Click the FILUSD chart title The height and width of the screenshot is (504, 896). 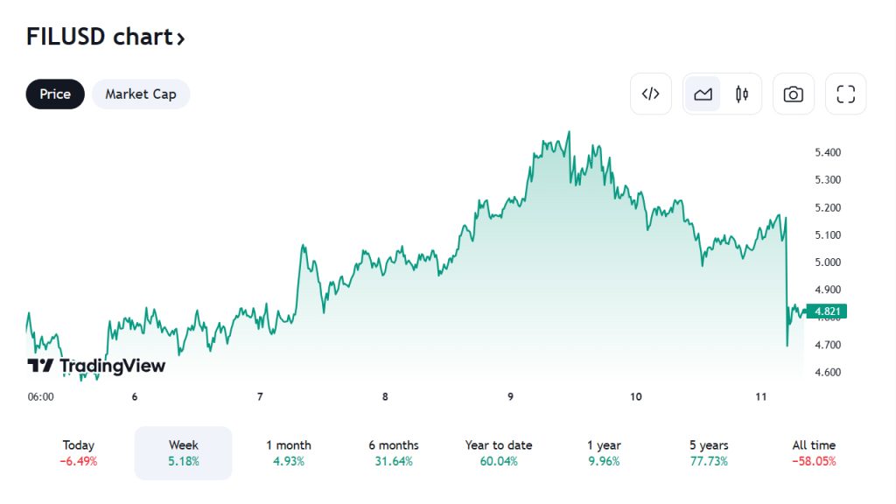coord(105,37)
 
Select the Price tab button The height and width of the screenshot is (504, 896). coord(55,94)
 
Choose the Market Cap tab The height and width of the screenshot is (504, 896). coord(141,94)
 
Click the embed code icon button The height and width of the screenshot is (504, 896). coord(651,94)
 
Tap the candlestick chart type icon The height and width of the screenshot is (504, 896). coord(742,94)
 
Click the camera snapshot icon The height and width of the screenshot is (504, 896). coord(794,94)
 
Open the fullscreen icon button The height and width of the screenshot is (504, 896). coord(845,94)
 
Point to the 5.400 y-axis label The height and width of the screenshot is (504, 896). coord(828,152)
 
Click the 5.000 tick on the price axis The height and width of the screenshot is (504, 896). coord(828,262)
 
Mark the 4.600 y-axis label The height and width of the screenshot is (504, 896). coord(828,373)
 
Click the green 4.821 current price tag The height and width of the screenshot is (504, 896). coord(828,311)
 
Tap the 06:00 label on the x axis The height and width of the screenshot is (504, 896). coord(41,397)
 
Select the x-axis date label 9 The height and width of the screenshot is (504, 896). coord(510,397)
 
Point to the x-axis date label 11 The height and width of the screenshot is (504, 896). coord(761,397)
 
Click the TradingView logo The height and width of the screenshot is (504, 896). coord(96,366)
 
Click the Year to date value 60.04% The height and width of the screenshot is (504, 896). coord(499,462)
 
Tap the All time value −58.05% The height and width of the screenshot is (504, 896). coord(814,462)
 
